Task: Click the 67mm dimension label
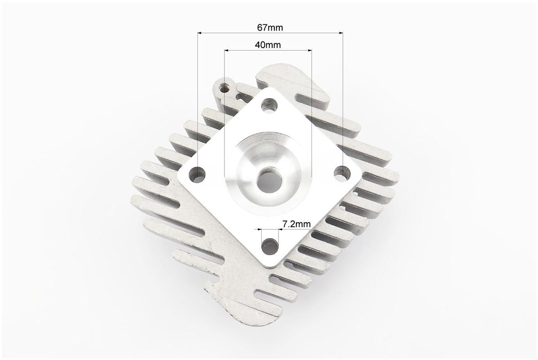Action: coord(270,27)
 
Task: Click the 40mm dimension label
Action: coord(268,45)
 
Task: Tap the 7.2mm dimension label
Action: coord(296,224)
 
